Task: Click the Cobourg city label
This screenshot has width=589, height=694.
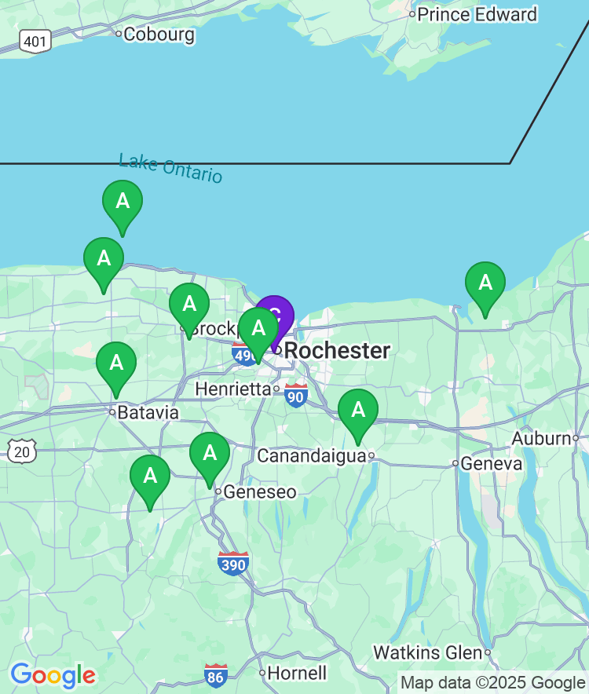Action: [x=159, y=34]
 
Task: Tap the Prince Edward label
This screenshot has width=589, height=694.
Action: [x=477, y=14]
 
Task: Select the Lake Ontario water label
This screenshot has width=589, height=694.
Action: [x=170, y=168]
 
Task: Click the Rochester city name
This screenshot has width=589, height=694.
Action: [x=337, y=351]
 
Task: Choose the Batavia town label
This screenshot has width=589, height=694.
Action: [x=148, y=413]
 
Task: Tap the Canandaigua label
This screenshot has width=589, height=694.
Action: [x=311, y=456]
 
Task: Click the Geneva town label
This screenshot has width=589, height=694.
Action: [x=491, y=464]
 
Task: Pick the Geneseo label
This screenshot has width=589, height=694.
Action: [x=260, y=492]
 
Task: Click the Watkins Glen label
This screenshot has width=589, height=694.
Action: [x=427, y=652]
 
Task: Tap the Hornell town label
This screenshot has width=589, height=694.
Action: [x=297, y=673]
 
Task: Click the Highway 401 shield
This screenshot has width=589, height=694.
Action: [x=35, y=41]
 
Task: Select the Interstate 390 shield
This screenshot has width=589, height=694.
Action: [x=233, y=563]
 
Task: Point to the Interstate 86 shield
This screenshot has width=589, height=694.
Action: [x=216, y=674]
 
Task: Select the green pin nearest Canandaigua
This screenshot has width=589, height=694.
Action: [x=358, y=412]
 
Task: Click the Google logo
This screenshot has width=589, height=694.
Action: [x=53, y=674]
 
